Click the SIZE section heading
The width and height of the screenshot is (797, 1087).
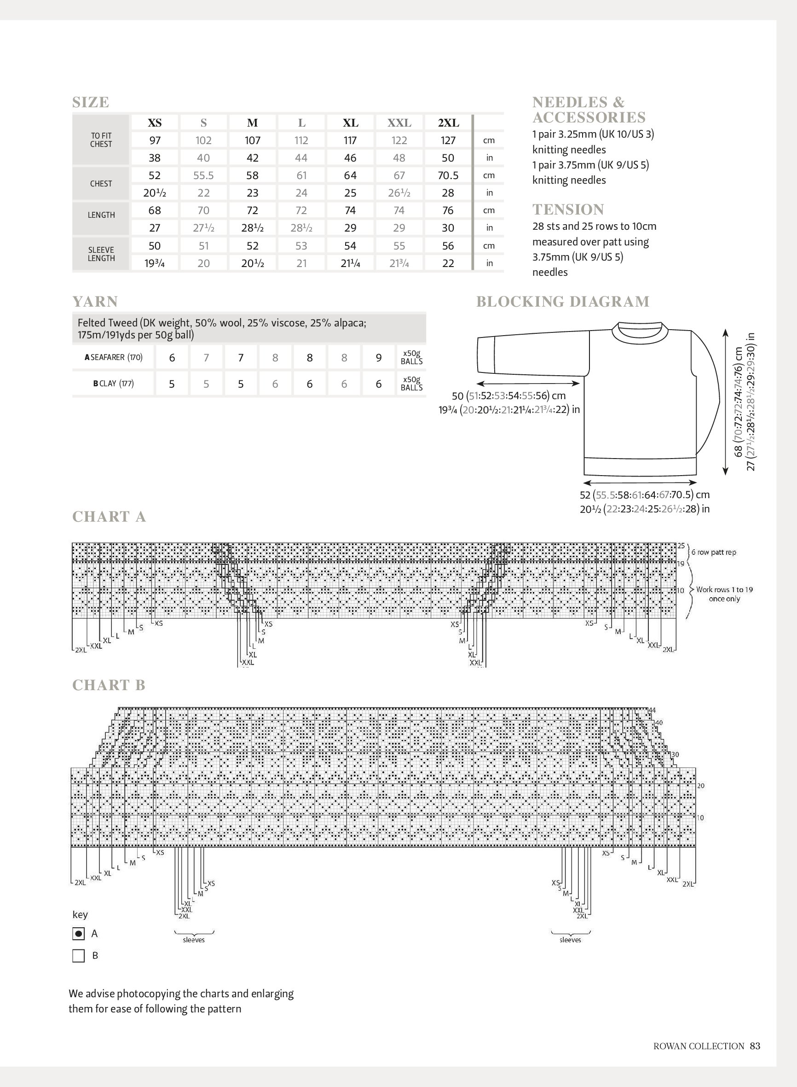click(x=91, y=102)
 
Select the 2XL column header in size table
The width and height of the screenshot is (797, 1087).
click(x=448, y=122)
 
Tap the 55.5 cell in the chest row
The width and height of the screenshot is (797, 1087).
click(x=203, y=175)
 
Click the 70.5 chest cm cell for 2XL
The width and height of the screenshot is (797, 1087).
click(x=448, y=175)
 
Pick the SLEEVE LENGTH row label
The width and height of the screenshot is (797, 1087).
click(x=101, y=254)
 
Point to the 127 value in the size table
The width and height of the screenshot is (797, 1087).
click(x=448, y=140)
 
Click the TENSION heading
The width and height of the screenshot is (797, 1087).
click(x=568, y=209)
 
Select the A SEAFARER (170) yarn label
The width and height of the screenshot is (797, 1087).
click(x=113, y=357)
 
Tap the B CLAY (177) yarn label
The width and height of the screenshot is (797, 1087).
click(x=113, y=384)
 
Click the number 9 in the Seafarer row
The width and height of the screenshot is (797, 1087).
click(x=379, y=358)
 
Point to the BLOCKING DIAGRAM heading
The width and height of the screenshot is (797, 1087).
click(x=563, y=301)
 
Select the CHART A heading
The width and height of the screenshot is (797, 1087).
click(x=109, y=517)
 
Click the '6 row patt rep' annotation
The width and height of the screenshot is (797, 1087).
click(x=714, y=552)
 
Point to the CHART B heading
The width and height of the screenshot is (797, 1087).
click(x=109, y=685)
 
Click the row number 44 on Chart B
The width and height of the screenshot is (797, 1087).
click(x=652, y=710)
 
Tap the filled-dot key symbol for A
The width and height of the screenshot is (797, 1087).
click(x=78, y=934)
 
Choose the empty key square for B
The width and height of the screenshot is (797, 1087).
click(x=78, y=956)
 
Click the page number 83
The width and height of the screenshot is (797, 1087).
click(x=756, y=1046)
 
